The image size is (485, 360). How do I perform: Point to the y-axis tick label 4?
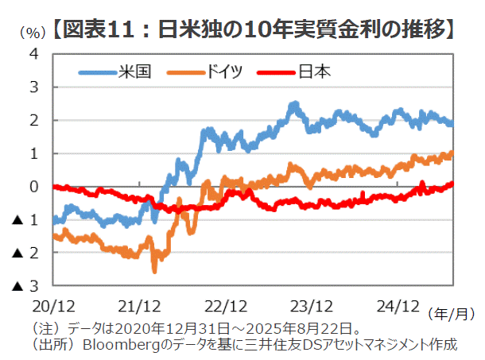click(x=34, y=54)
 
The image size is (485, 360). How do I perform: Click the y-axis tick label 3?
click(x=34, y=87)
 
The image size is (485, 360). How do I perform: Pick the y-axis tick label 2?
click(x=34, y=121)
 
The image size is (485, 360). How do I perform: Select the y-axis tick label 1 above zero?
click(x=34, y=153)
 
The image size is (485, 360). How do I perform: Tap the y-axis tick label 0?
click(x=34, y=187)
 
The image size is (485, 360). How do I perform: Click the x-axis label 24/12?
click(x=397, y=305)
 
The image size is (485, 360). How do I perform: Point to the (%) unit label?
click(x=29, y=33)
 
